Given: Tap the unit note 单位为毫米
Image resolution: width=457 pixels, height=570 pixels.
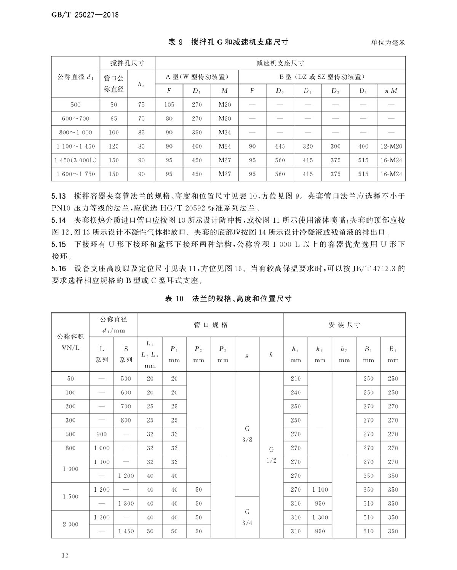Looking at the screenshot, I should pos(388,43).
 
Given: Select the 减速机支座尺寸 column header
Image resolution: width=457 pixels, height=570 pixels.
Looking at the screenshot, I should pos(280,63).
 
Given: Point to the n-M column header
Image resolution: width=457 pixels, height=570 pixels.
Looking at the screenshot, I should pos(391,91).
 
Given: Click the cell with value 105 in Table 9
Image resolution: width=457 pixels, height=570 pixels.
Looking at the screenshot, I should pos(169,105).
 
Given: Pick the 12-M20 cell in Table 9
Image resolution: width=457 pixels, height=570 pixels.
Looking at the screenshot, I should pos(391,146).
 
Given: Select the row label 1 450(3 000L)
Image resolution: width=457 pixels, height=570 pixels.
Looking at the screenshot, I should pos(76,160).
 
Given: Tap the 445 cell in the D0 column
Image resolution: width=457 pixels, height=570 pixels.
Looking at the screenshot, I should pos(280,146).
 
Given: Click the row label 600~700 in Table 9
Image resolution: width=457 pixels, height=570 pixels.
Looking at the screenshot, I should pos(76,118).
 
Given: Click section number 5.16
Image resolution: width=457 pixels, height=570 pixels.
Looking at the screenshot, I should pos(59,269).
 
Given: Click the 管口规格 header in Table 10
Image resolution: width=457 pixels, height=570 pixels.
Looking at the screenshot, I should pos(211,325).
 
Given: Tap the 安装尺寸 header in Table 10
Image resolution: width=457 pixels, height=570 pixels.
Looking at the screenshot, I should pos(344,325).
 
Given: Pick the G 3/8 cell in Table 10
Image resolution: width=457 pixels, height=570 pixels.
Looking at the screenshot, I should pos(247,434).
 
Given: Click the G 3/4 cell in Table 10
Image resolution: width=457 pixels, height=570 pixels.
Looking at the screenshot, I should pos(247,517).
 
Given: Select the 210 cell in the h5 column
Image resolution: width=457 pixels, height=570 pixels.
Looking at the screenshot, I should pos(296,379).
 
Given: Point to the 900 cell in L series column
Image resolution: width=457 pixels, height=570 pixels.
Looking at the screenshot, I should pos(102,434).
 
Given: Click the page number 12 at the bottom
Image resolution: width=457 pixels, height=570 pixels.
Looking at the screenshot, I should pos(65,556).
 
